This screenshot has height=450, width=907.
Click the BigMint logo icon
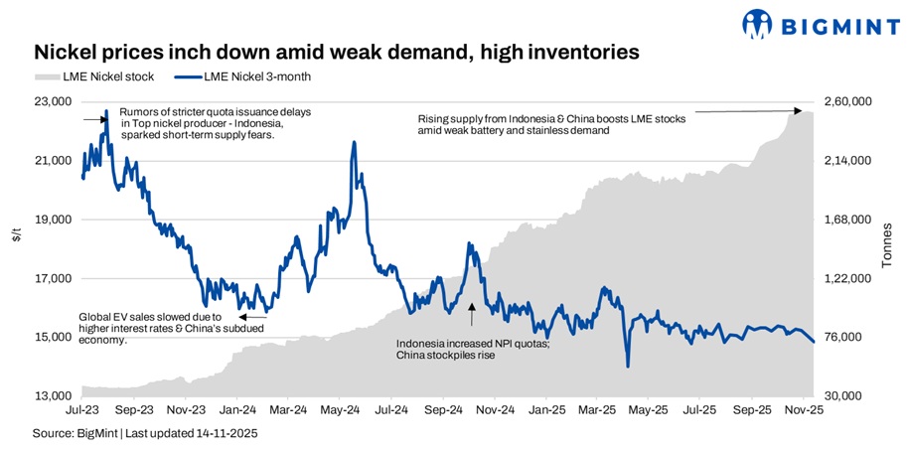pos(757,23)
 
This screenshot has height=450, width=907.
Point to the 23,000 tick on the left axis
pos(53,101)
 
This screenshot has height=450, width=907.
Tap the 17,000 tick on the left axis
pos(53,278)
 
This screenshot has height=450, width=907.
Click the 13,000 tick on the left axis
pos(53,396)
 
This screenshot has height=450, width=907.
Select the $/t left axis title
pos(17,235)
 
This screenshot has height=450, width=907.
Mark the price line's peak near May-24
pos(354,142)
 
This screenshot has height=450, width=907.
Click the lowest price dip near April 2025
pos(628,367)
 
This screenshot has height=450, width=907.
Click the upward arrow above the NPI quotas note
pos(472,314)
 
